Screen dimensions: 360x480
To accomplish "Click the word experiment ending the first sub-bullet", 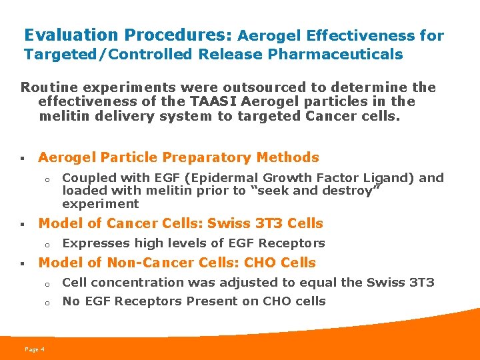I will pos(100,204).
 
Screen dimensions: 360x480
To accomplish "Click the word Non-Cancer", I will pos(139,263).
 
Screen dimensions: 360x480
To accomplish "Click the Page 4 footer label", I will pos(34,349).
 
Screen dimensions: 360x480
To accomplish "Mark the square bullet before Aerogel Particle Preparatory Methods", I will pos(22,159).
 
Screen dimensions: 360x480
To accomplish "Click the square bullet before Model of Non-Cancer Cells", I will pos(22,263).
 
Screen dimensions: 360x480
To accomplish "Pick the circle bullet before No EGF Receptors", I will pos(48,302).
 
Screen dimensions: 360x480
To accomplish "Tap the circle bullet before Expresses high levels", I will pos(48,244).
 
